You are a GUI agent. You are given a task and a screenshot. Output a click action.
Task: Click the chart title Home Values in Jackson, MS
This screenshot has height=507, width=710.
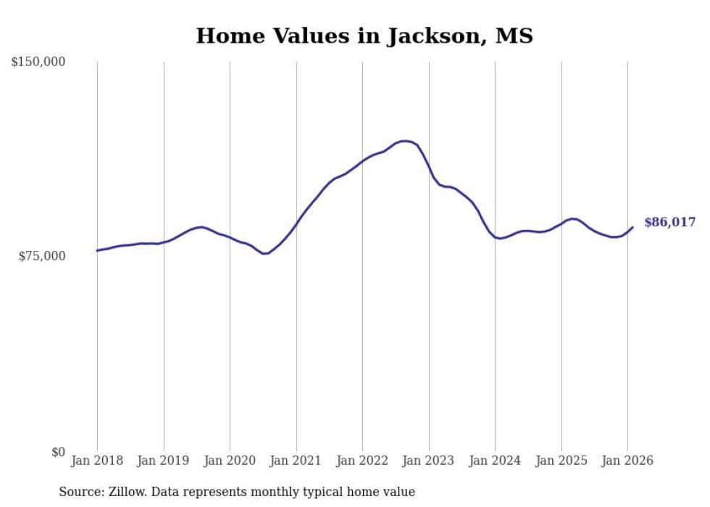pos(364,36)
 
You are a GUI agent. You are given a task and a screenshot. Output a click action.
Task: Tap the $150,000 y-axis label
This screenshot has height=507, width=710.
pos(38,62)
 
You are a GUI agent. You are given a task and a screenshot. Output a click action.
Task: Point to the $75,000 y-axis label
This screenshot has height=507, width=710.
pos(41,256)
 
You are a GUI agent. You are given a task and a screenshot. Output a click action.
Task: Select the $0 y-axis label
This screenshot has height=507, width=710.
pos(57,452)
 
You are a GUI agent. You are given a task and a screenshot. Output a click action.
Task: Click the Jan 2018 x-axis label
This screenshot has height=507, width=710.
pos(97,461)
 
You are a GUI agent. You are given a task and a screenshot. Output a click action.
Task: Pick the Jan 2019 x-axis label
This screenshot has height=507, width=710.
pos(164,461)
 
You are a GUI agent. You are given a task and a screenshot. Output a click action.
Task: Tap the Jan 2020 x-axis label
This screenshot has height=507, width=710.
pos(230,461)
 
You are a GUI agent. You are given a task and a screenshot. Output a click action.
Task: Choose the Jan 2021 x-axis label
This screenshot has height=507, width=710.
pos(296,461)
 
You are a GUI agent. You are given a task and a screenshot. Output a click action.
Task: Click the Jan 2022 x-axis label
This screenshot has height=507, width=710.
pos(362,461)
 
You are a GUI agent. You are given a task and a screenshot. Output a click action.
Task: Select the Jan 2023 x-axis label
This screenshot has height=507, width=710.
pos(429,461)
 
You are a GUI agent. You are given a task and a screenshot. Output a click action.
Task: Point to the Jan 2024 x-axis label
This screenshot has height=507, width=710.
pos(495,461)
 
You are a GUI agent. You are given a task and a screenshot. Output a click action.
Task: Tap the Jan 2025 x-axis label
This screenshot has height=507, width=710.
pos(561,461)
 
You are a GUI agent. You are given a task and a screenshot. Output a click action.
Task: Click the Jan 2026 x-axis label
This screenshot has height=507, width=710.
pos(627,461)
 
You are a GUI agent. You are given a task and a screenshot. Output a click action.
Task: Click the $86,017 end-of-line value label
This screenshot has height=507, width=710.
pos(669,223)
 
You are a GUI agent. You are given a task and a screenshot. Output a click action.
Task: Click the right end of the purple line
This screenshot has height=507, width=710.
pos(632,228)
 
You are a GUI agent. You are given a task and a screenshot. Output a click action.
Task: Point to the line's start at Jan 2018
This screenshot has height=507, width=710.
pos(97,250)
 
